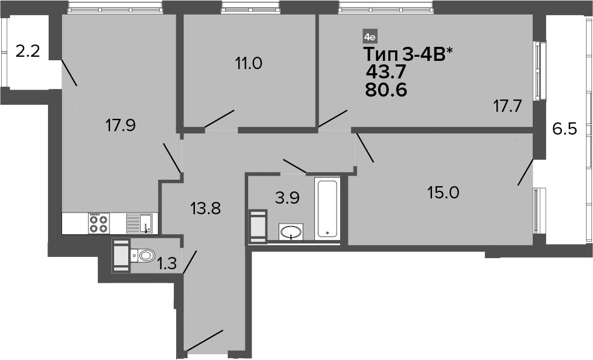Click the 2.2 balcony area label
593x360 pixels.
(x=28, y=51)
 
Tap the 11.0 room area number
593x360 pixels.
(x=248, y=64)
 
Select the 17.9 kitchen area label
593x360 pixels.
(x=121, y=125)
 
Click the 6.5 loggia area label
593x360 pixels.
(x=564, y=129)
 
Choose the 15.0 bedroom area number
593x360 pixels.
(x=443, y=193)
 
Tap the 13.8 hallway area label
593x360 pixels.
(x=205, y=208)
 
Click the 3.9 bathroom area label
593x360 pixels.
(x=287, y=197)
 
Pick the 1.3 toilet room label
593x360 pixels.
(x=167, y=264)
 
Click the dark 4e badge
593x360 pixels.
(x=369, y=37)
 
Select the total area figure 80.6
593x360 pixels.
(x=386, y=90)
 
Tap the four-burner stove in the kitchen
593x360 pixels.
(x=99, y=224)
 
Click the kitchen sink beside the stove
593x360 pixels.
(x=139, y=223)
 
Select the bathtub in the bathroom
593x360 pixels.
(x=327, y=208)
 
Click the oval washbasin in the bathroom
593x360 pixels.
(x=291, y=231)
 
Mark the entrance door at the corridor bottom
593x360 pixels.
(x=205, y=341)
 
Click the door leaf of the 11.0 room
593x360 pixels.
(x=220, y=118)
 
